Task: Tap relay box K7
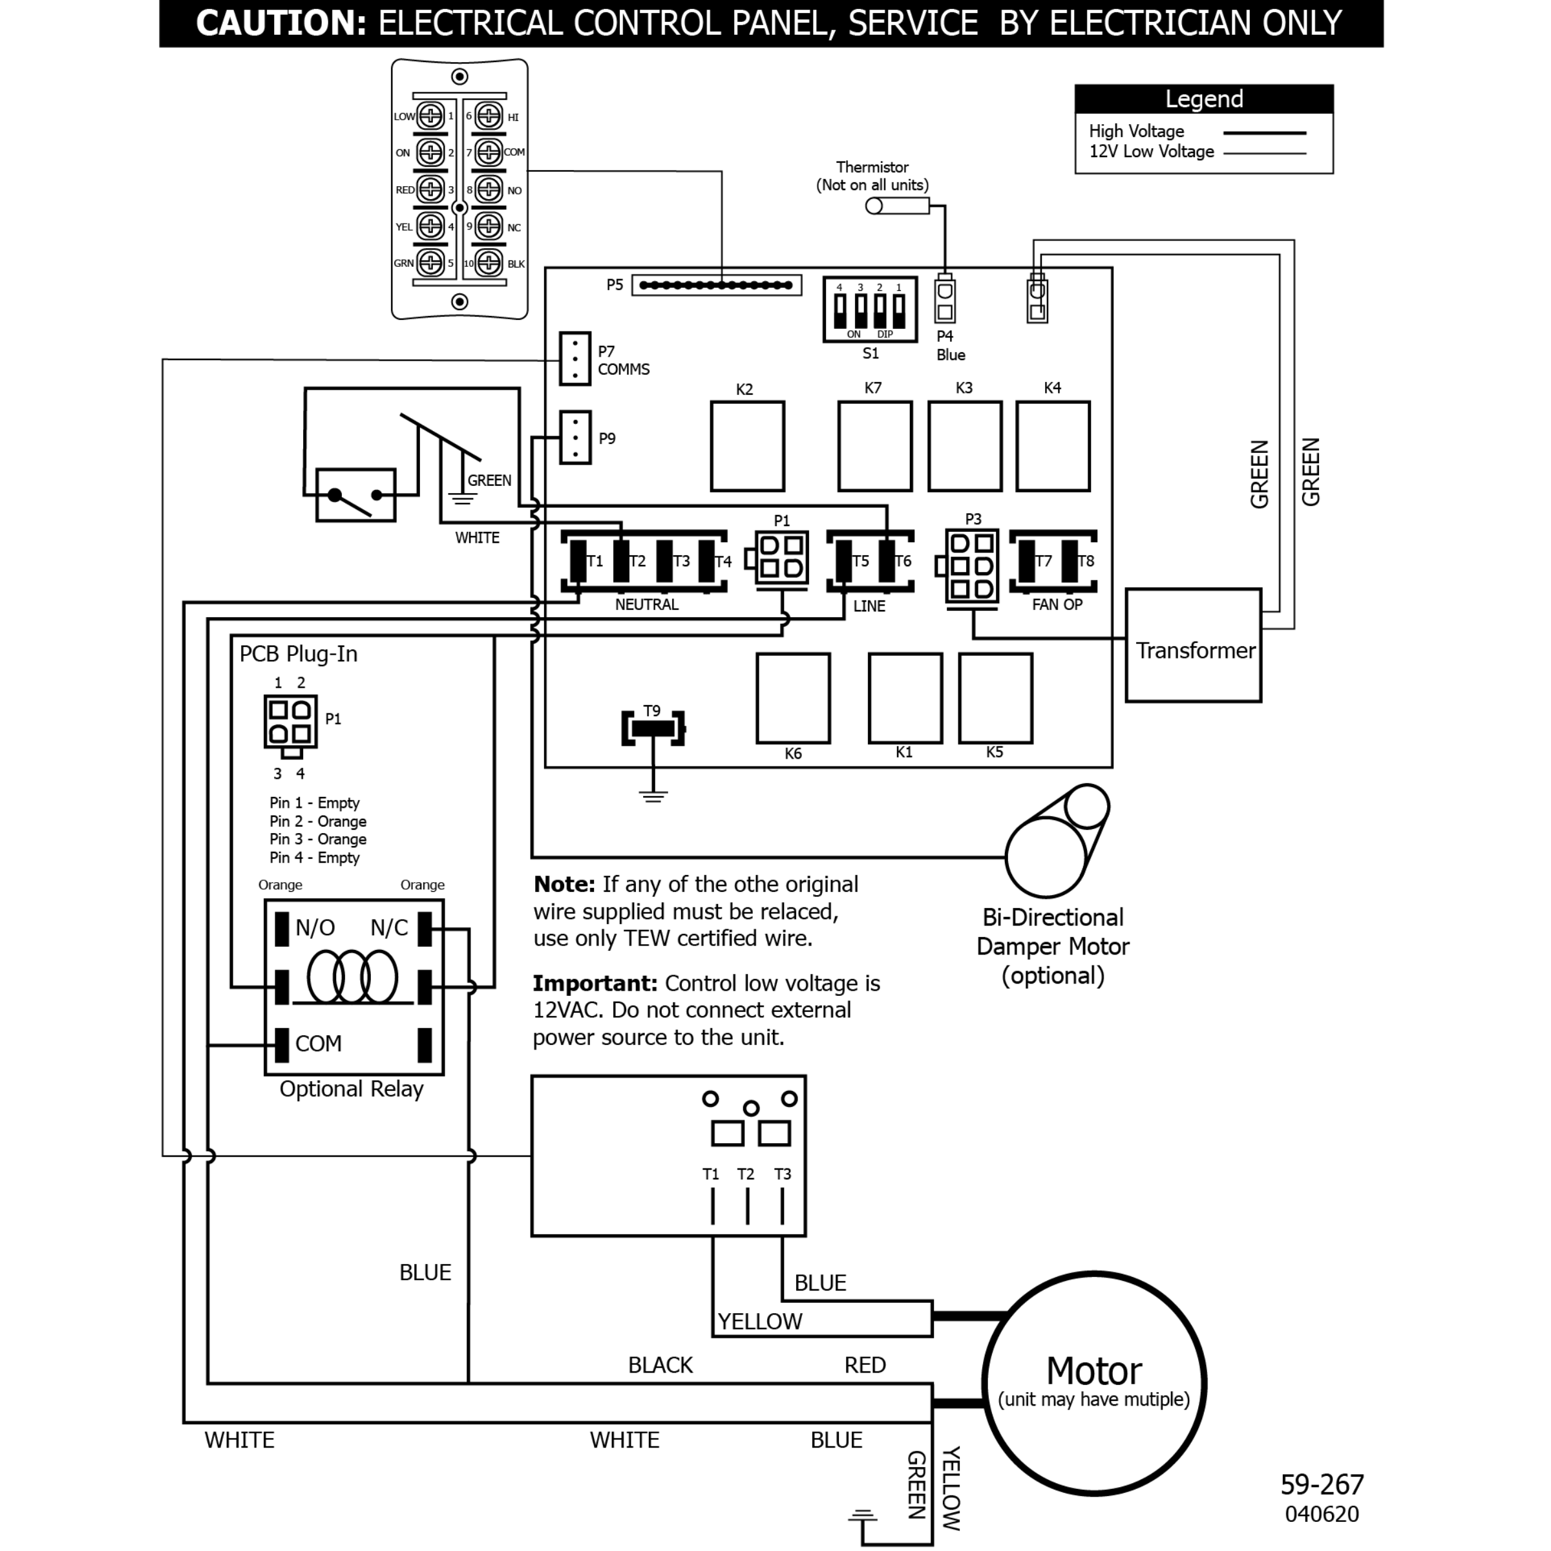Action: tap(874, 447)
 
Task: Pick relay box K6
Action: tap(792, 698)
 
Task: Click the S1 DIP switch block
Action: tap(869, 309)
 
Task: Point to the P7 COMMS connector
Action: tap(575, 359)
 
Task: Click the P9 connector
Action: tap(575, 438)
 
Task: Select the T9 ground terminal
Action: tap(653, 728)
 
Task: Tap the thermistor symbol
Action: tap(897, 206)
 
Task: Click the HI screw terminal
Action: tap(488, 116)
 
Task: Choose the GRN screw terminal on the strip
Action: tap(430, 262)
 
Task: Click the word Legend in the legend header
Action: tap(1203, 99)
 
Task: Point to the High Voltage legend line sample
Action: tap(1265, 132)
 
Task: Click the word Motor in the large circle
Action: tap(1093, 1371)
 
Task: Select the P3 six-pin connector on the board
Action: tap(972, 566)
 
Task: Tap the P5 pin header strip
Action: tap(716, 285)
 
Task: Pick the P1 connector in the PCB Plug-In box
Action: tap(291, 722)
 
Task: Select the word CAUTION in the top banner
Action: tap(281, 23)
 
